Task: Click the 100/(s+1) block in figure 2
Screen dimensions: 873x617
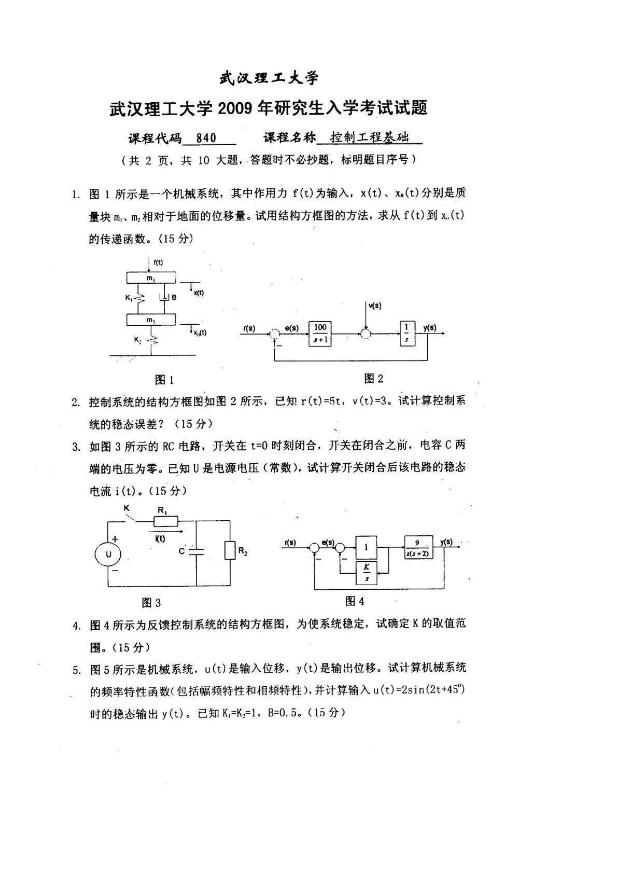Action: pyautogui.click(x=320, y=333)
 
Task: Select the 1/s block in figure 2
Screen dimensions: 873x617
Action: pyautogui.click(x=407, y=333)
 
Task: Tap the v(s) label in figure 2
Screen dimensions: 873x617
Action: pyautogui.click(x=374, y=306)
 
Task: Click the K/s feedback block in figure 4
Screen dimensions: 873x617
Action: pyautogui.click(x=367, y=572)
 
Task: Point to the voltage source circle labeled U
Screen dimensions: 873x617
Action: pyautogui.click(x=108, y=555)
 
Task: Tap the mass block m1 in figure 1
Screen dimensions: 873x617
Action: pyautogui.click(x=150, y=279)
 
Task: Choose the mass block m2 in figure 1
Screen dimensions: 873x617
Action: pyautogui.click(x=150, y=319)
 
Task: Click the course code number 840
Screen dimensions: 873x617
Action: pyautogui.click(x=206, y=138)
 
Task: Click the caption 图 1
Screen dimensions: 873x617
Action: pyautogui.click(x=164, y=380)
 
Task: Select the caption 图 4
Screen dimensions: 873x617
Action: pyautogui.click(x=355, y=601)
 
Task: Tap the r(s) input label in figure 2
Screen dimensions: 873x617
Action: pyautogui.click(x=249, y=328)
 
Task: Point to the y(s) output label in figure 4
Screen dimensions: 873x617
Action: pyautogui.click(x=446, y=542)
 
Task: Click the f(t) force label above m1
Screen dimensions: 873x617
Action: pyautogui.click(x=158, y=262)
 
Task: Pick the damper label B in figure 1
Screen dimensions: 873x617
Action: pyautogui.click(x=174, y=297)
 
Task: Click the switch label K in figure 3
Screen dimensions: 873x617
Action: pyautogui.click(x=126, y=509)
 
